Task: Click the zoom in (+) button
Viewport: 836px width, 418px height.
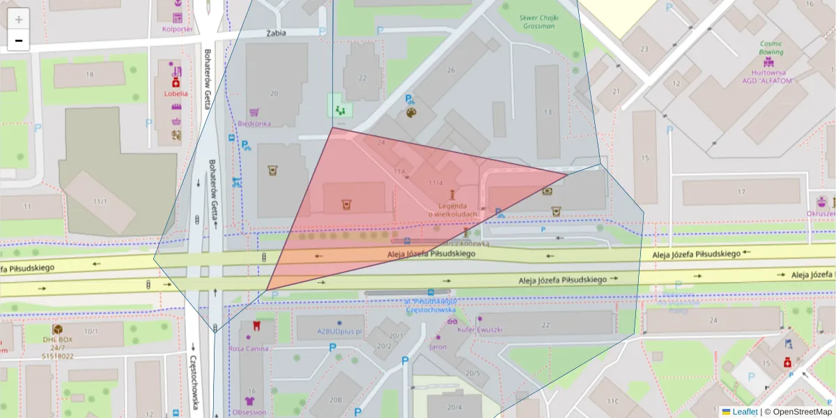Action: [x=19, y=19]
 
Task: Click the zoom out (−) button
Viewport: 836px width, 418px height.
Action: [x=19, y=40]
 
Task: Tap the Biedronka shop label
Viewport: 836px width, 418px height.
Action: [x=254, y=123]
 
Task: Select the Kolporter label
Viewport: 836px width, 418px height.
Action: [x=177, y=29]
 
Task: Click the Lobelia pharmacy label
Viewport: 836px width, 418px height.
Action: [x=176, y=93]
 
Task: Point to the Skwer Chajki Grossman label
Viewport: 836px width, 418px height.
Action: [x=537, y=22]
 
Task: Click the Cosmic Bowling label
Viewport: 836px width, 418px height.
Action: [x=771, y=47]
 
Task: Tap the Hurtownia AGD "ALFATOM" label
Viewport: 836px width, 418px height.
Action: [x=768, y=76]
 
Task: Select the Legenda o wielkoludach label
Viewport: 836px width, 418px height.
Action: [x=458, y=210]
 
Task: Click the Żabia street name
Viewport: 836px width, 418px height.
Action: [x=276, y=33]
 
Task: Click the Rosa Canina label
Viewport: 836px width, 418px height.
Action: [x=249, y=348]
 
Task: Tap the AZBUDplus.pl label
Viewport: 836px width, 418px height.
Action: [x=339, y=332]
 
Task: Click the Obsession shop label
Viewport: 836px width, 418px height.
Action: [x=249, y=412]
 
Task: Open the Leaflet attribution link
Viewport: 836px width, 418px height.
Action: [x=745, y=412]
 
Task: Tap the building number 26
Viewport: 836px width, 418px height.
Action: [x=451, y=70]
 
